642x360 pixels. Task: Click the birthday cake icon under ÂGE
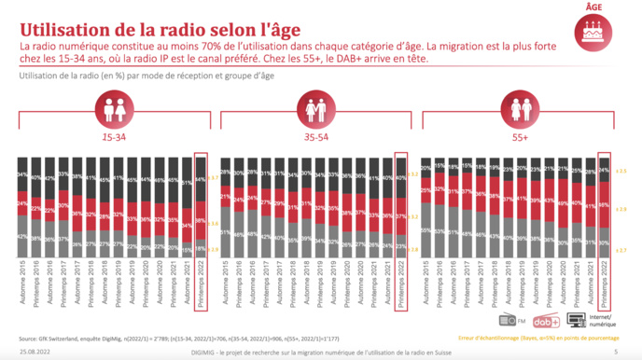(593, 33)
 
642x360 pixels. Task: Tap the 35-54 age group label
(318, 136)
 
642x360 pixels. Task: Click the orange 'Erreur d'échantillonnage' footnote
(551, 338)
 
